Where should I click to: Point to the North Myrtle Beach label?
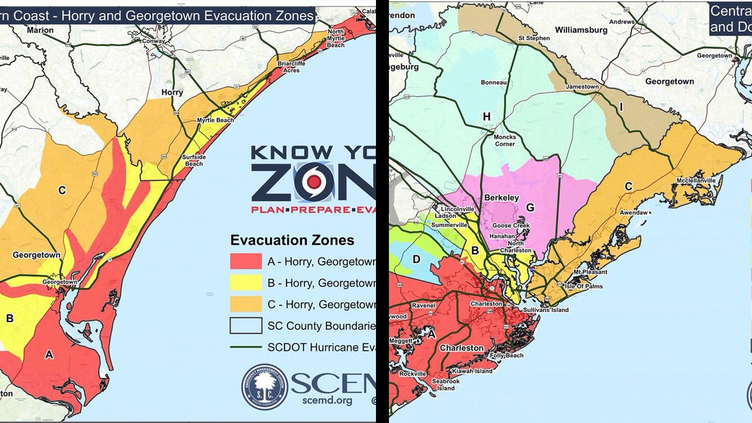pos(336,38)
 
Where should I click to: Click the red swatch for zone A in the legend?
pos(246,260)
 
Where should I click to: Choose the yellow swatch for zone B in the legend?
pos(246,282)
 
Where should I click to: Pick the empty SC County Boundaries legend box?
pos(246,325)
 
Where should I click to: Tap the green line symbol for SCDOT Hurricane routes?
pos(246,347)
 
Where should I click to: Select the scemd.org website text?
pos(319,401)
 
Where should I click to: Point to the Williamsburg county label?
pos(580,29)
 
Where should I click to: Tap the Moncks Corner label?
pos(505,140)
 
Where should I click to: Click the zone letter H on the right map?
pos(486,117)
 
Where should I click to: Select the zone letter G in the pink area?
pos(530,207)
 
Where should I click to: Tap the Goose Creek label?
pos(510,226)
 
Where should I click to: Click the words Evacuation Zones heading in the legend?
pos(292,240)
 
